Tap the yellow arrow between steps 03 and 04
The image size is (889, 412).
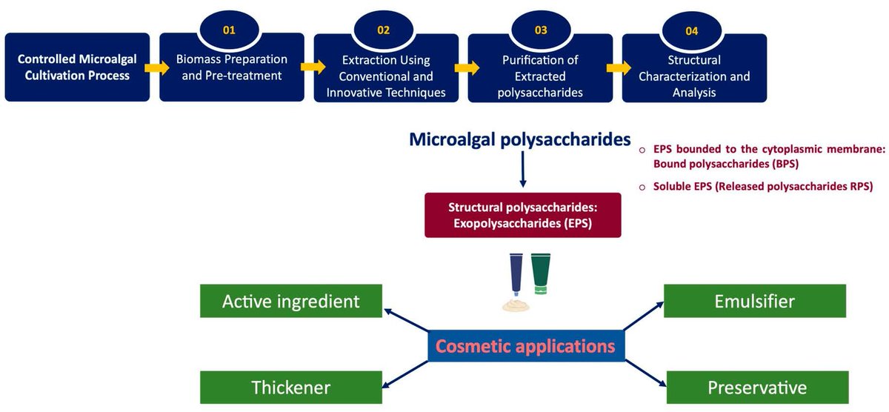612,67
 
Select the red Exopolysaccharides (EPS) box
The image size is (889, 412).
522,216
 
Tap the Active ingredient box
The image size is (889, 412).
291,302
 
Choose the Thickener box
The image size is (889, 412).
291,388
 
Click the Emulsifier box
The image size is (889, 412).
754,302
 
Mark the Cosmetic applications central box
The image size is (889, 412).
525,346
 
